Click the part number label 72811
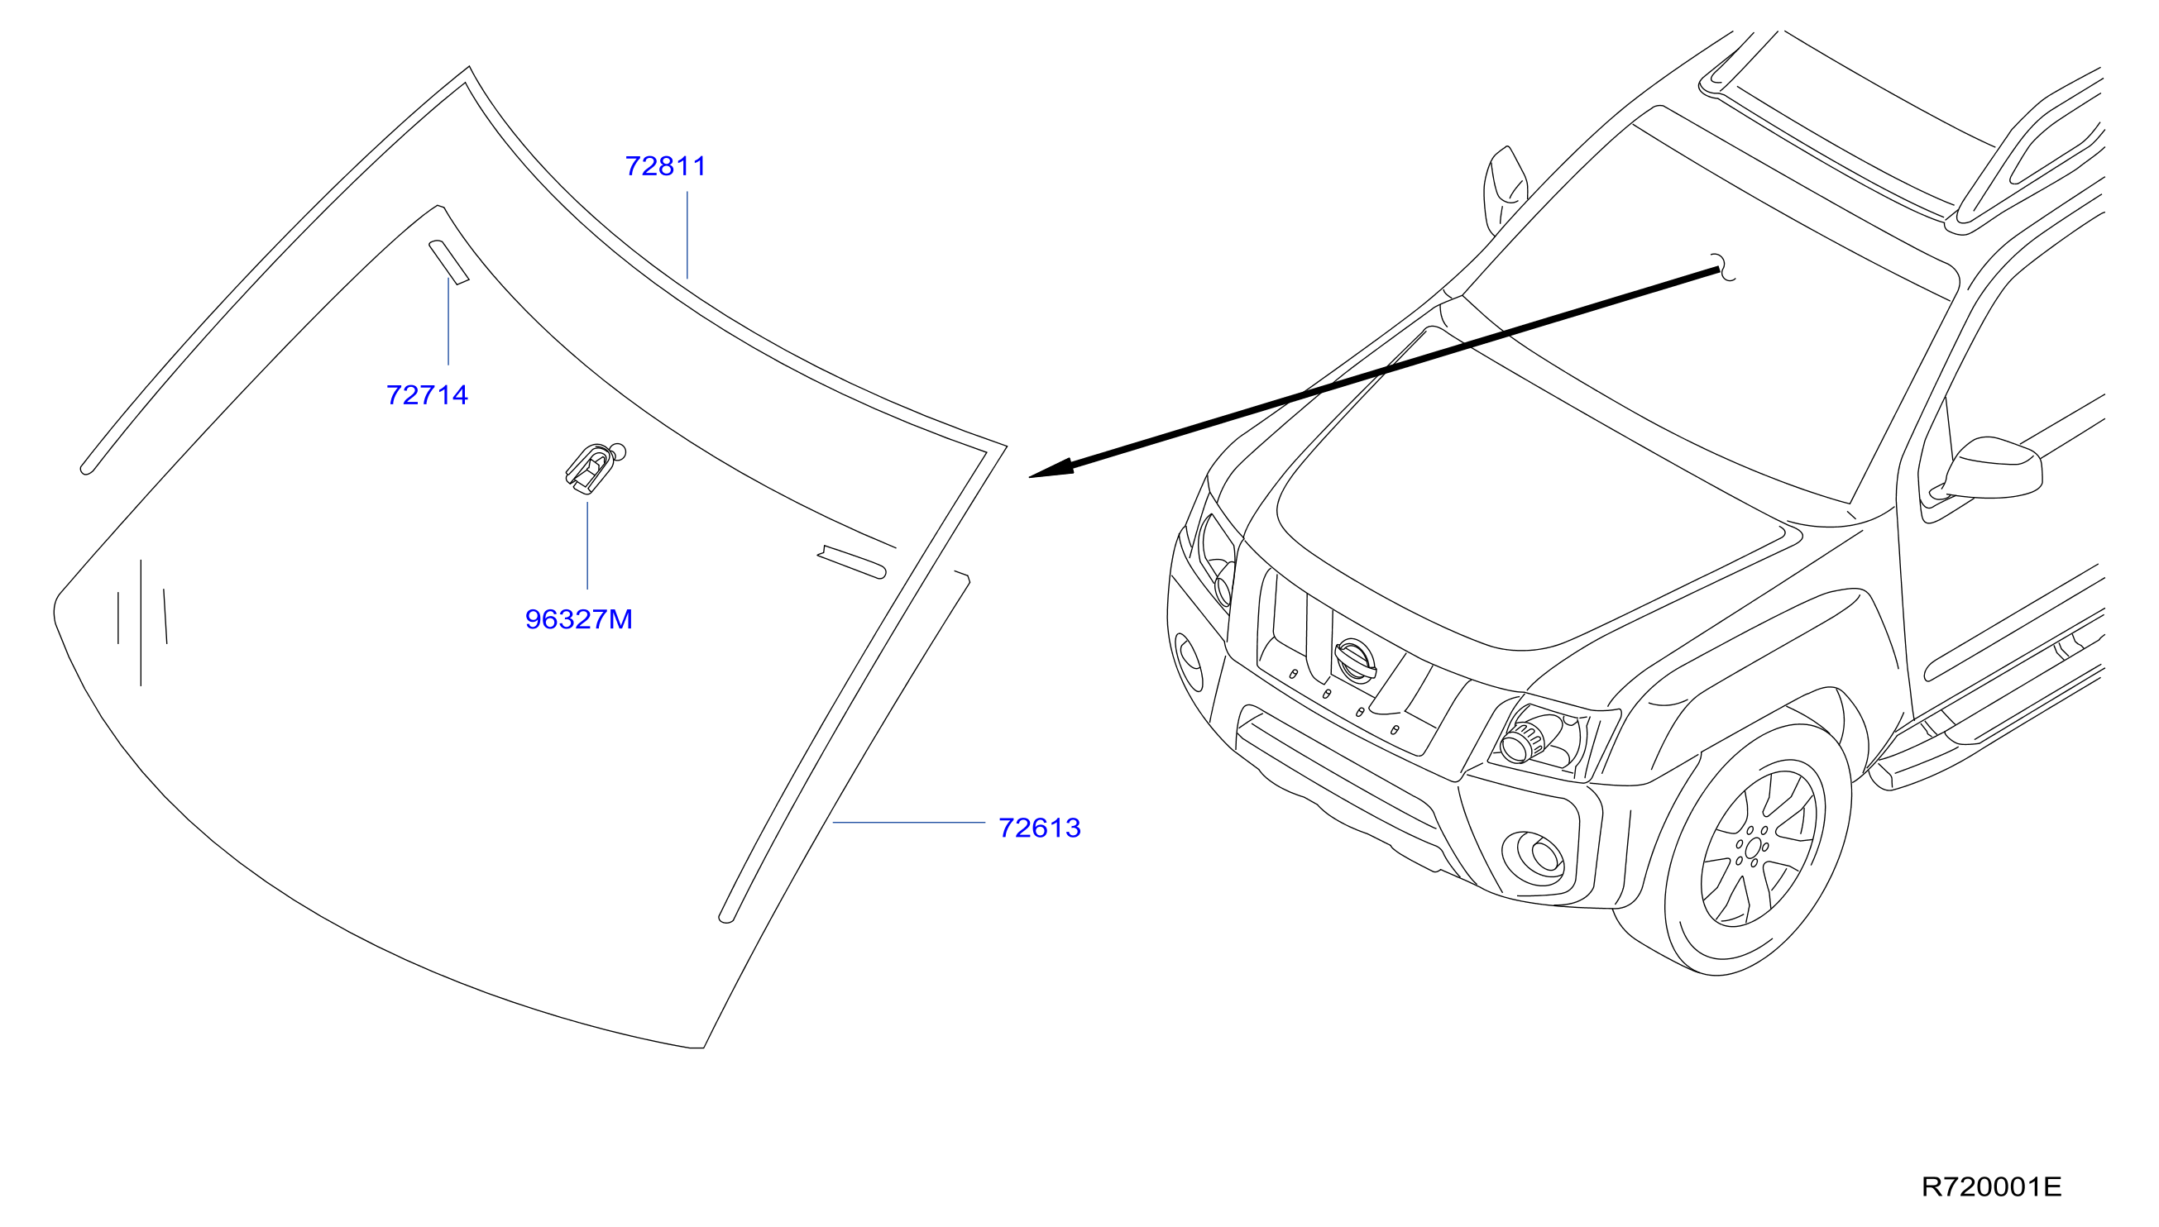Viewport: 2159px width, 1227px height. click(665, 166)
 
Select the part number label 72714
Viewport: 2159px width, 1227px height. click(427, 395)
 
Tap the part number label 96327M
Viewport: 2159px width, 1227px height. click(578, 619)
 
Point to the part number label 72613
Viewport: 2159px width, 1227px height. click(1040, 828)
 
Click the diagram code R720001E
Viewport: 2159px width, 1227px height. click(1991, 1186)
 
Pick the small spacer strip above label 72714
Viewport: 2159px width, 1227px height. click(448, 261)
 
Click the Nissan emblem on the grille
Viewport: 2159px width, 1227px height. click(1355, 659)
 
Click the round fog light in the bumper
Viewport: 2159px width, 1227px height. click(1534, 858)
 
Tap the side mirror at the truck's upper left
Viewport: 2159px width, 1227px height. click(1505, 189)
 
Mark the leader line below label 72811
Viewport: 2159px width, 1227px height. click(687, 235)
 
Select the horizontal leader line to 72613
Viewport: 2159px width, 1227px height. click(909, 822)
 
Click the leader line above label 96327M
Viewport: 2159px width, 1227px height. click(587, 545)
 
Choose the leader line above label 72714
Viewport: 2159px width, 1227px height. click(448, 321)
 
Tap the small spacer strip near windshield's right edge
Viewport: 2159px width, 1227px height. click(851, 562)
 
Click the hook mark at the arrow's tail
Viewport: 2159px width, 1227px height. click(1724, 267)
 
